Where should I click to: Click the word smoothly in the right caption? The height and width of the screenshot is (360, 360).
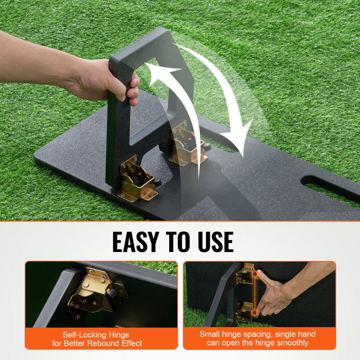coord(290,343)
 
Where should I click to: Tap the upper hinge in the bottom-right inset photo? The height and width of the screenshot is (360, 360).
coord(245,274)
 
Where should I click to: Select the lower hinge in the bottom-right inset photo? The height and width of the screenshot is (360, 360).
coord(244,311)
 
